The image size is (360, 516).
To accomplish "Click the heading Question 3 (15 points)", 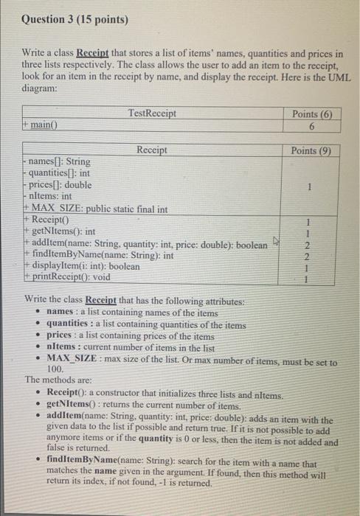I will pyautogui.click(x=69, y=19).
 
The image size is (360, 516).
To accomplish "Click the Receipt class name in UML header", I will pyautogui.click(x=152, y=150).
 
